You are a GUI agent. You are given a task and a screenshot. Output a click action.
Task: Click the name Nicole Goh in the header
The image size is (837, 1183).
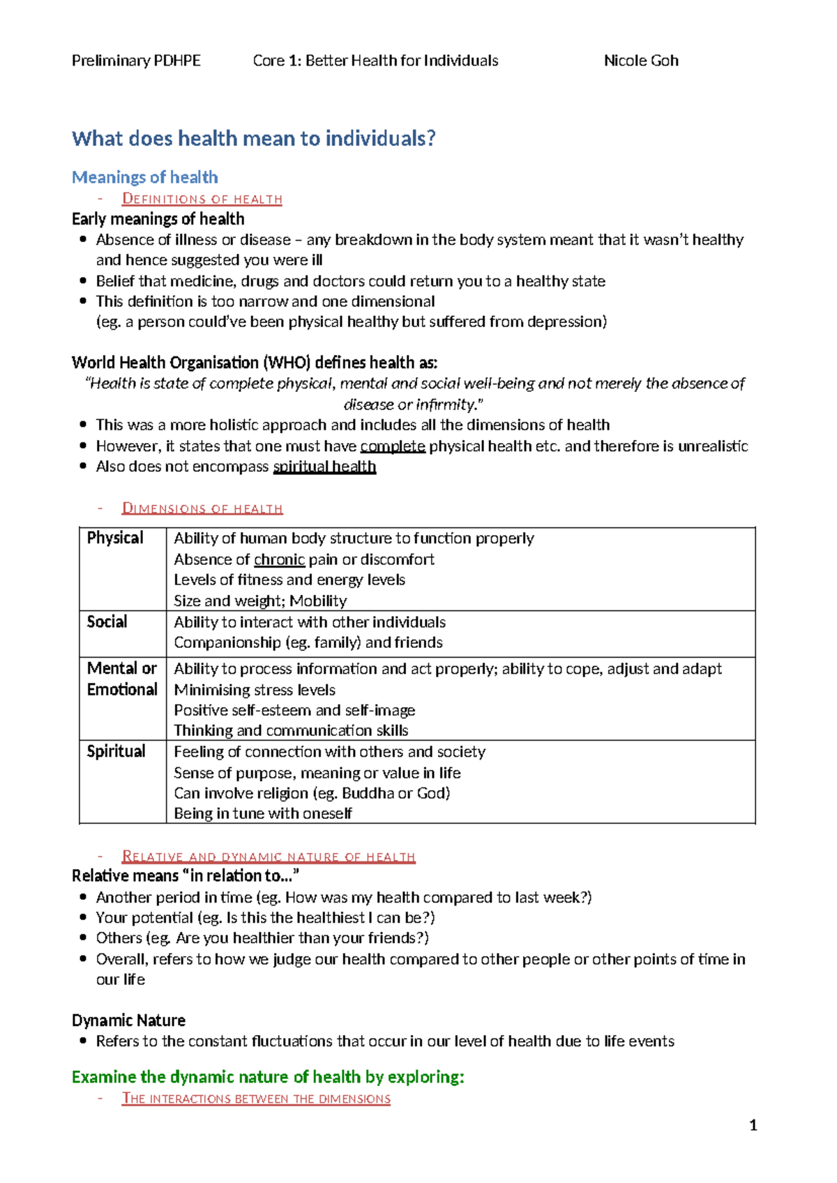pos(640,61)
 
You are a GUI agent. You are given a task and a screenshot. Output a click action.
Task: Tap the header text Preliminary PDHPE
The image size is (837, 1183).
pos(136,61)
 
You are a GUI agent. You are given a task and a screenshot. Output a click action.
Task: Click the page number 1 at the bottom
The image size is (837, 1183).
pos(753,1125)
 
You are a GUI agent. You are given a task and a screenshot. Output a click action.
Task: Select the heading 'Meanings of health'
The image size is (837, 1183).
pos(145,177)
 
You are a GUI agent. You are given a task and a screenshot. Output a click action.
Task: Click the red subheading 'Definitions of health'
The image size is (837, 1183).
pos(202,199)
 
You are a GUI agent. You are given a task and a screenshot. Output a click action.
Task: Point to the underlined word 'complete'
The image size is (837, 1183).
pos(393,446)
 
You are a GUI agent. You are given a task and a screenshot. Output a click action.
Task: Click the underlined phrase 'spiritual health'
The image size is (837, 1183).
pos(324,467)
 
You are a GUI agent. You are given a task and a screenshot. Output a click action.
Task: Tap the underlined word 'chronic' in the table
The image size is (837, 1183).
pos(279,559)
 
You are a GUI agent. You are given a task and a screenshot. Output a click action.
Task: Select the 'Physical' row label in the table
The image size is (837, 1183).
pos(115,538)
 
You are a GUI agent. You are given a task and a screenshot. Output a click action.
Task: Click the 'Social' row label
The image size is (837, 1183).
pos(107,621)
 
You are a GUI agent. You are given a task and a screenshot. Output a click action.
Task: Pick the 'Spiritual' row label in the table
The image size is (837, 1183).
pos(116,751)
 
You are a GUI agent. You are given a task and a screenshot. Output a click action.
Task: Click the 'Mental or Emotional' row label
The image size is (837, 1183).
pos(122,679)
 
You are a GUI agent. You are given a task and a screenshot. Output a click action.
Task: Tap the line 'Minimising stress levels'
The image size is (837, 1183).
pos(255,690)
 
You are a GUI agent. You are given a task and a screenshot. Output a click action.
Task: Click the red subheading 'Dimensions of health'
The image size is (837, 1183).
pos(202,508)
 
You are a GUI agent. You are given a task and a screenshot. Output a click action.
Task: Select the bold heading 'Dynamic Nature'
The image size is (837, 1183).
pos(128,1020)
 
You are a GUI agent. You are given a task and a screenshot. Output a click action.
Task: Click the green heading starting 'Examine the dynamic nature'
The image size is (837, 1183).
pos(268,1077)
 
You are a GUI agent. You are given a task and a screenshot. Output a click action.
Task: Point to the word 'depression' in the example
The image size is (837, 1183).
pos(564,322)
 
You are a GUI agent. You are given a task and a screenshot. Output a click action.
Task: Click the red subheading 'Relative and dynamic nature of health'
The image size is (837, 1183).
pos(269,857)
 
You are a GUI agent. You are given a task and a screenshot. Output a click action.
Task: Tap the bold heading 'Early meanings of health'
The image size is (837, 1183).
pos(158,219)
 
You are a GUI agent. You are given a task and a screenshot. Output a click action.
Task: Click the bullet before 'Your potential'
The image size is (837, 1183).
pos(84,918)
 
